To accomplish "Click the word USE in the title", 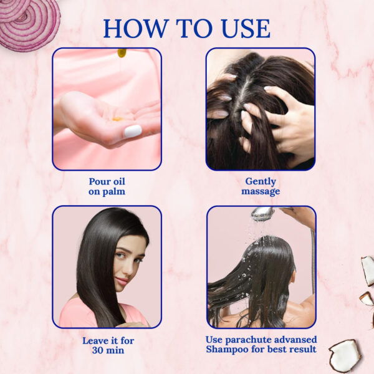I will point(244,29).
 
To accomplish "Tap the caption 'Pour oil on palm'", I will point(107,186).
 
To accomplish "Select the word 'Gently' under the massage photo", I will point(261,181).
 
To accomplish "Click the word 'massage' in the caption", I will point(261,191).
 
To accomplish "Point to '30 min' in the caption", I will point(107,351).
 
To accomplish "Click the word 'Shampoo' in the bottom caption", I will point(232,349).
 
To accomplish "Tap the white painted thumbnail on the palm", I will point(133,131).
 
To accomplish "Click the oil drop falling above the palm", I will point(122,53).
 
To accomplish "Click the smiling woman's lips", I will point(123,281).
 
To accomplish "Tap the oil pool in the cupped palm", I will point(118,118).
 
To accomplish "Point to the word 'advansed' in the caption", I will point(296,339).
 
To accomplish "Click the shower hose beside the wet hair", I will point(312,262).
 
